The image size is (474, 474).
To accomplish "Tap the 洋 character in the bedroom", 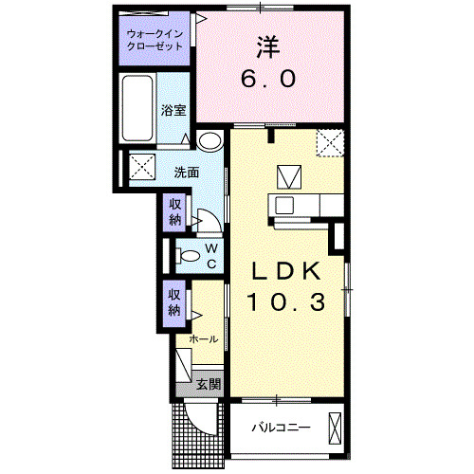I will (x=265, y=45).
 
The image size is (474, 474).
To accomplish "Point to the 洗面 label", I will (x=187, y=172).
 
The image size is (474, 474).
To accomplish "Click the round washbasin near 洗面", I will (x=210, y=141).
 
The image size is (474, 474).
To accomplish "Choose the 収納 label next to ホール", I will (x=175, y=301).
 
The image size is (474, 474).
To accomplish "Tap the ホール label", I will (x=204, y=338).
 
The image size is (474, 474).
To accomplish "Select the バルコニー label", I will (x=280, y=428).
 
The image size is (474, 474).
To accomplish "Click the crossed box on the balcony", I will (x=335, y=428).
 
